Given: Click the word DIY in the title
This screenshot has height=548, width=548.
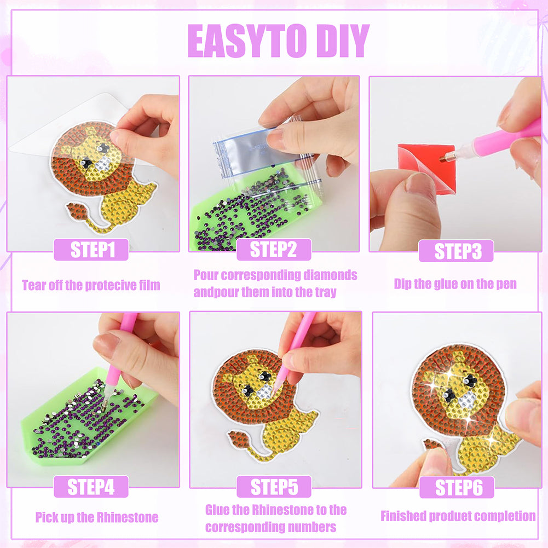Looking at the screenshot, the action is [x=338, y=41].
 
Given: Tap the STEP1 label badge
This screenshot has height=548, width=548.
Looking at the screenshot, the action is [x=91, y=250].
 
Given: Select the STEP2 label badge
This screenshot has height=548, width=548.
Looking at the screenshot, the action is [x=274, y=250].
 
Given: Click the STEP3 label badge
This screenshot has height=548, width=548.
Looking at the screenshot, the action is [x=457, y=251].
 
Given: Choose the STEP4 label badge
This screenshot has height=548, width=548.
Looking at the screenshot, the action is [x=91, y=487].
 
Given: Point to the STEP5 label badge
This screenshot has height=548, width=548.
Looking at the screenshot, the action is [x=274, y=487].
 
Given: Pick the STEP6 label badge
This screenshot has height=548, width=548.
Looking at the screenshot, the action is [x=457, y=487].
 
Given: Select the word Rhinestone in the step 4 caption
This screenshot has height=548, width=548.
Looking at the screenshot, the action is [x=128, y=517].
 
